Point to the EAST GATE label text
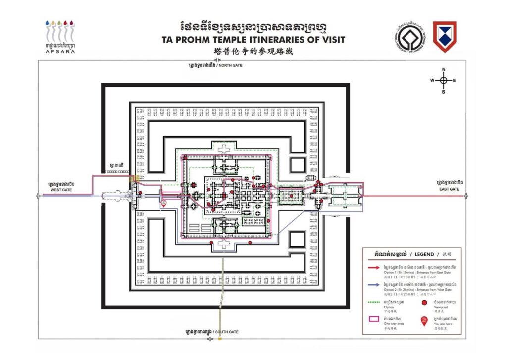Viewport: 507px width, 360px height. point(450,189)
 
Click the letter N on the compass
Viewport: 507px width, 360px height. point(444,69)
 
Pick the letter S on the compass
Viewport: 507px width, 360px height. point(444,92)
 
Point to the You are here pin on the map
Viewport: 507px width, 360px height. point(163,202)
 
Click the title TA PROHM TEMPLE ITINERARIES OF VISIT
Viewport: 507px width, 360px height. point(253,40)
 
